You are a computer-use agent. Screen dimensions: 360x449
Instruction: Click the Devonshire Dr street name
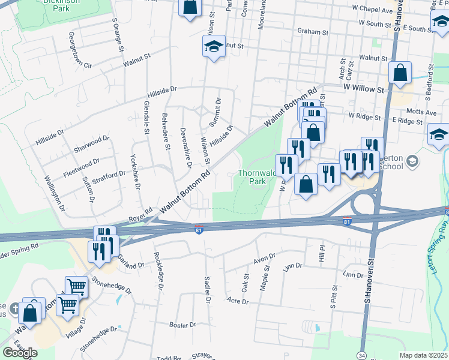click(x=186, y=146)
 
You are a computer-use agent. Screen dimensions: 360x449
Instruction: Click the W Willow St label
click(x=363, y=88)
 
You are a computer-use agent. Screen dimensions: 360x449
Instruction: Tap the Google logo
click(x=20, y=353)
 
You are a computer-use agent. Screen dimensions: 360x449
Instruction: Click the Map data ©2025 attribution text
click(x=424, y=355)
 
